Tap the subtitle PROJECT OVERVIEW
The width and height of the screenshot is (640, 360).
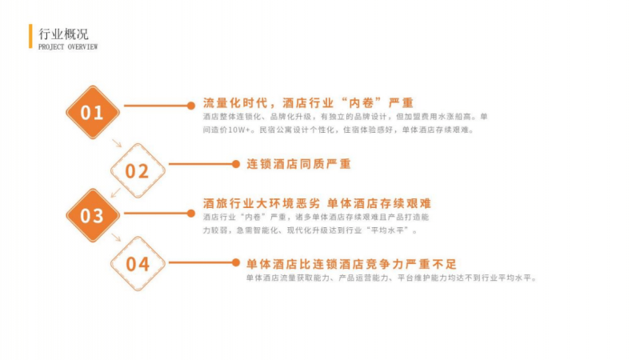click(68, 47)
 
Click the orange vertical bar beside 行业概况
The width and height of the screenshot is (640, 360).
click(31, 36)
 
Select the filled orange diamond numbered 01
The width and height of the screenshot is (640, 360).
click(93, 113)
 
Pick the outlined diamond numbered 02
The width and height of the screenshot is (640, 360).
click(138, 170)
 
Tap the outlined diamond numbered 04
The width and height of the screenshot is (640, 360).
click(138, 263)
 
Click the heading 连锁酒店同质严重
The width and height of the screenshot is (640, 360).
click(298, 164)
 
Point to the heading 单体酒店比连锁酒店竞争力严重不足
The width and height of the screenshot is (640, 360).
click(357, 262)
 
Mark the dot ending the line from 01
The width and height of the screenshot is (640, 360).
click(190, 105)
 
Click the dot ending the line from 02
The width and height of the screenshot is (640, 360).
click(235, 164)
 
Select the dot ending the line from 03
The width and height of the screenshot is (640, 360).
click(190, 212)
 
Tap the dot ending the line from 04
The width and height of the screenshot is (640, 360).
click(235, 262)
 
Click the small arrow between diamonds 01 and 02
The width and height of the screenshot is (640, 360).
click(117, 144)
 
